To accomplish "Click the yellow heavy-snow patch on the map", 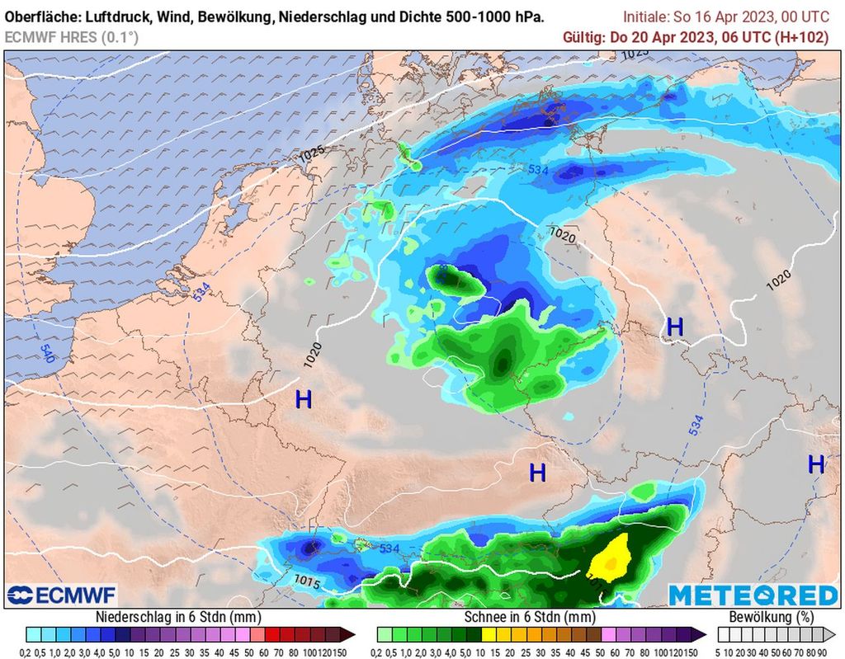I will click(x=611, y=557).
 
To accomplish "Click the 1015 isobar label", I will click(x=307, y=582).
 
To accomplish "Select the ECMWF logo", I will click(x=61, y=595).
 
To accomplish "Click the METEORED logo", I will click(x=753, y=595).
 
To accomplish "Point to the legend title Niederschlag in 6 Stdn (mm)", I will click(x=179, y=617).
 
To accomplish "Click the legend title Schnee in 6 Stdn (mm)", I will click(x=530, y=617).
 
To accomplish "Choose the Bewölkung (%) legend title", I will click(x=771, y=617).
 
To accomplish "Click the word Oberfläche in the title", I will click(x=42, y=16).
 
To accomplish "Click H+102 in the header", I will click(x=806, y=36).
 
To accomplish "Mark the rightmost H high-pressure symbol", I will click(x=815, y=464).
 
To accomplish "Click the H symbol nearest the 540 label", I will click(x=304, y=400).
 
